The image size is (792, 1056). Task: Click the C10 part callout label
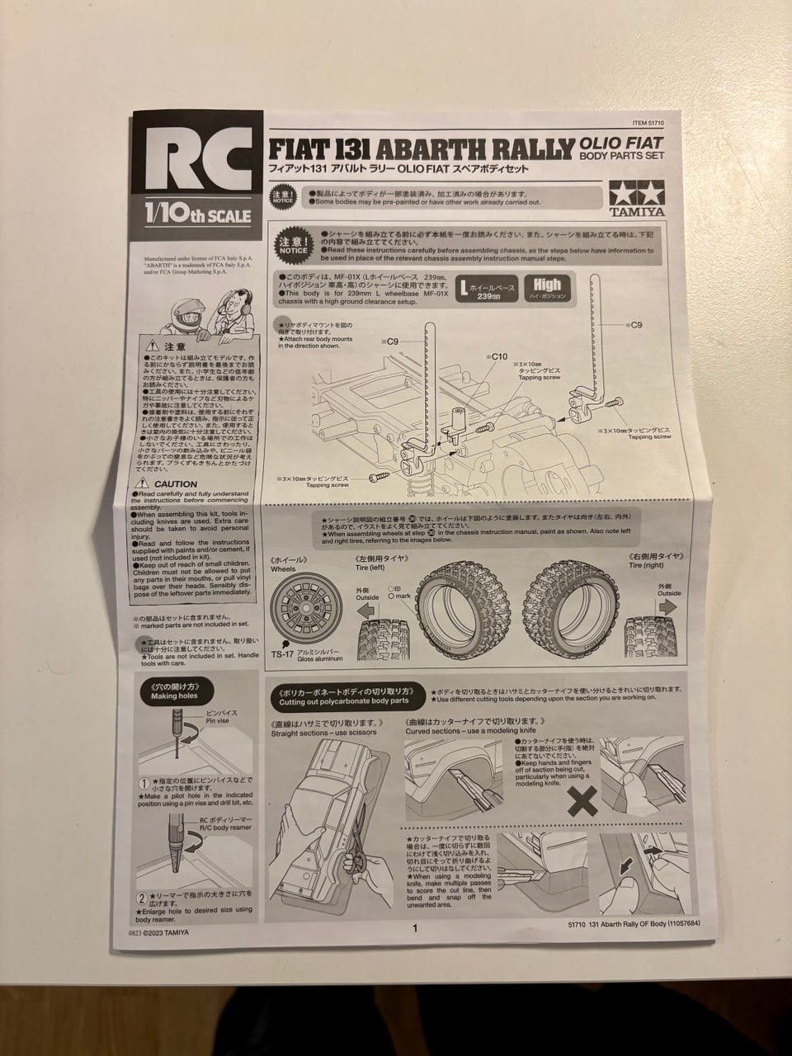click(498, 356)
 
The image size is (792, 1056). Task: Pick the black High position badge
click(547, 287)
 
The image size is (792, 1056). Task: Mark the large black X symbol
click(584, 799)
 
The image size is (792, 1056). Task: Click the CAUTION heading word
click(176, 484)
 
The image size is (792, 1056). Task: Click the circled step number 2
click(144, 898)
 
